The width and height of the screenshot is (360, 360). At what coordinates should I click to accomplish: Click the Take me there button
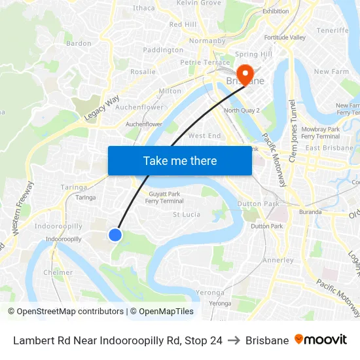(x=180, y=160)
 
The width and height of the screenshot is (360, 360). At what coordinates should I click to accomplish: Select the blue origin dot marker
(x=115, y=234)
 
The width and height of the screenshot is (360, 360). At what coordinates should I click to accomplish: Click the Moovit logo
(x=321, y=340)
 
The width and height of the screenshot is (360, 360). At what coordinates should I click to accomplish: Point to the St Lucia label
(x=186, y=214)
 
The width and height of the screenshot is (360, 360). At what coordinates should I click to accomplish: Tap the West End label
(x=204, y=135)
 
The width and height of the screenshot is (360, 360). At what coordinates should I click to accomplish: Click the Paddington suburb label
(x=163, y=50)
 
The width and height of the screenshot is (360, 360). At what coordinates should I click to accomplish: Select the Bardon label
(x=79, y=44)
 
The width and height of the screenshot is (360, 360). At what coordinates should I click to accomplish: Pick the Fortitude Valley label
(x=285, y=37)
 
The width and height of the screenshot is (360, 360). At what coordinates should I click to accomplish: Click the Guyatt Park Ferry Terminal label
(x=164, y=198)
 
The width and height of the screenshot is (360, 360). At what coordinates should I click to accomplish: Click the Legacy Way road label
(x=102, y=107)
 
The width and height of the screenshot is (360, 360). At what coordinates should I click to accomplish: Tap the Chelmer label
(x=58, y=272)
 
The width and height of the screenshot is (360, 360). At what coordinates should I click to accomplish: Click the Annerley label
(x=278, y=260)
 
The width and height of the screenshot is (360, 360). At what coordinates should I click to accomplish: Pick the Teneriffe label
(x=333, y=31)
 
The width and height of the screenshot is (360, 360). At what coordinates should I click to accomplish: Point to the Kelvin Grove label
(x=199, y=3)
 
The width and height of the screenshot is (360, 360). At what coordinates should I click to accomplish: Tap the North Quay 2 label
(x=242, y=111)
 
